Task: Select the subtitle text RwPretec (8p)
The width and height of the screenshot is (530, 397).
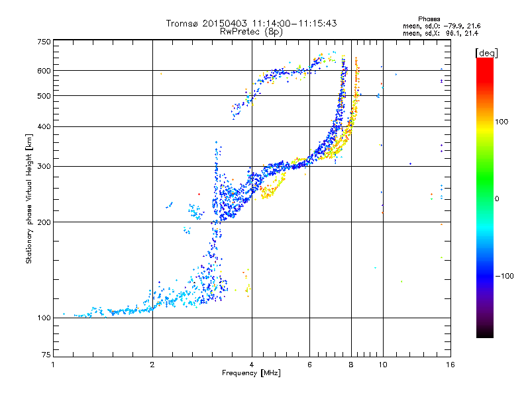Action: click(x=251, y=32)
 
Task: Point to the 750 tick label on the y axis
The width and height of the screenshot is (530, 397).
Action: click(x=44, y=42)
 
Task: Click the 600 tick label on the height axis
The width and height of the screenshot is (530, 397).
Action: click(x=44, y=71)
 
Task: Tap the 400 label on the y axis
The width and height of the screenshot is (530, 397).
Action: click(x=44, y=126)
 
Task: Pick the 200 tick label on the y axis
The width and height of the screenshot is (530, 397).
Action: click(x=44, y=222)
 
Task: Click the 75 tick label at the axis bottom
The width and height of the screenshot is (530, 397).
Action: click(x=46, y=355)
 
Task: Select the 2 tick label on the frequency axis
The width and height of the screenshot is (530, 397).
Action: click(x=152, y=365)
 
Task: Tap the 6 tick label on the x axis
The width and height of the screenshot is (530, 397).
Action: click(x=309, y=365)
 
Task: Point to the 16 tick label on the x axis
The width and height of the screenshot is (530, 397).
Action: click(x=450, y=365)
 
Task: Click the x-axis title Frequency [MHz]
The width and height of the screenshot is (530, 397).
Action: click(x=251, y=373)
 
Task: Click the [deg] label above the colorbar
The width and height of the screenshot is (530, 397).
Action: click(x=486, y=53)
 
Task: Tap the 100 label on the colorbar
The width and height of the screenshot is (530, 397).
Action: click(x=502, y=122)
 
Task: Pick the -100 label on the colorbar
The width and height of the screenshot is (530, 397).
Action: click(x=504, y=276)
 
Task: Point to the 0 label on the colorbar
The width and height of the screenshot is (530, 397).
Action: click(x=497, y=198)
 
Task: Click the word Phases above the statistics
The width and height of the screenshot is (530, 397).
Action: click(x=429, y=19)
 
